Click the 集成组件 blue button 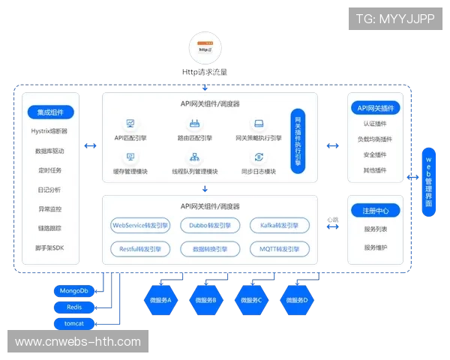point(50,112)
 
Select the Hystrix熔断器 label point(50,131)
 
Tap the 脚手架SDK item point(50,247)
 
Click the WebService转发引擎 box point(139,225)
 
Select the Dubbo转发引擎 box point(210,225)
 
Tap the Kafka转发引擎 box point(280,225)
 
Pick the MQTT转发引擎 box point(280,249)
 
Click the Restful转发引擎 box point(139,249)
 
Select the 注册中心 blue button point(375,211)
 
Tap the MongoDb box point(73,290)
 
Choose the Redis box point(73,307)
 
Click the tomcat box point(73,324)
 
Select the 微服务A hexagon point(159,299)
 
